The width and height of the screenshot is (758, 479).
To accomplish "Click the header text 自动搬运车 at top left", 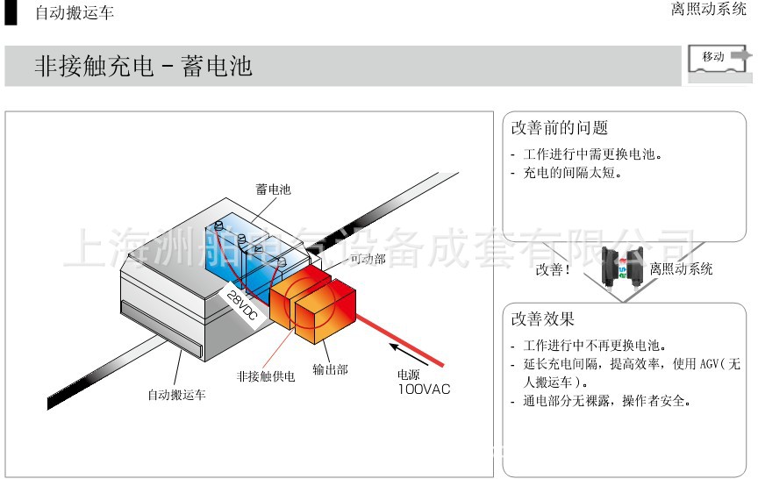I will pos(75,13).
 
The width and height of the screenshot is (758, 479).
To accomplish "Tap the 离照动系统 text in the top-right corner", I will pos(709,11).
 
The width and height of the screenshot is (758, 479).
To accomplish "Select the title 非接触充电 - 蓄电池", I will pos(143,67).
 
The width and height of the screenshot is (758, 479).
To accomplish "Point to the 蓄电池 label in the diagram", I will pos(273,189).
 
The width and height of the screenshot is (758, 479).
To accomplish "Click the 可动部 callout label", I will pos(368,259).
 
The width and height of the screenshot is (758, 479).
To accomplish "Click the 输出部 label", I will pos(330,369).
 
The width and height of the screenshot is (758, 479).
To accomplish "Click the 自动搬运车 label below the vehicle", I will pos(176,395).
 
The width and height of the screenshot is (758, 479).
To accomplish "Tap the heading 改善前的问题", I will pos(559,128).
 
